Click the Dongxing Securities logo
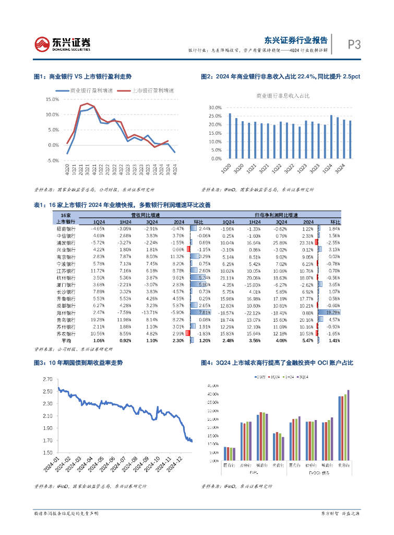[62, 44]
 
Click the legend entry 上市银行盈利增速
[153, 90]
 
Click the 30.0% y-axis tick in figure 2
[215, 107]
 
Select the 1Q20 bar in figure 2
[230, 136]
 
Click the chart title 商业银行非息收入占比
[282, 96]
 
